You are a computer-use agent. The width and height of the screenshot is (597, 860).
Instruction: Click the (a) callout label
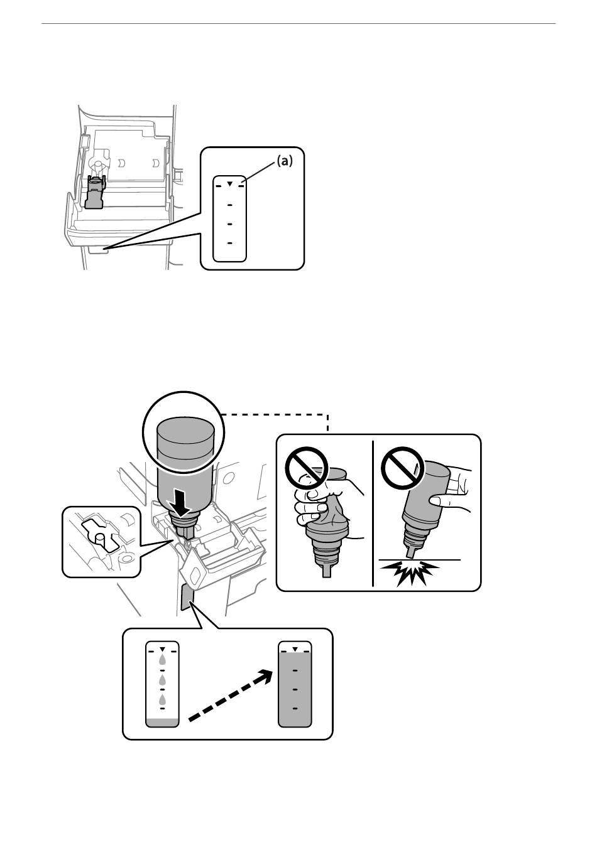tap(284, 161)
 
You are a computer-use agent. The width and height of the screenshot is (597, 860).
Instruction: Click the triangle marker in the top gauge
tap(230, 184)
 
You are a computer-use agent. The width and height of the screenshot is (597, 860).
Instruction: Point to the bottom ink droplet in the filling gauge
tap(162, 699)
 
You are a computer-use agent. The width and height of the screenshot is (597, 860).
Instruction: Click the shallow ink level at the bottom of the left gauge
tap(162, 722)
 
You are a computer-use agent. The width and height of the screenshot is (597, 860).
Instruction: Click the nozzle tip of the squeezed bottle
tap(326, 571)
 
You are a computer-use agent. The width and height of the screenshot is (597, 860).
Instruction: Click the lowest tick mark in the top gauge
tap(230, 242)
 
